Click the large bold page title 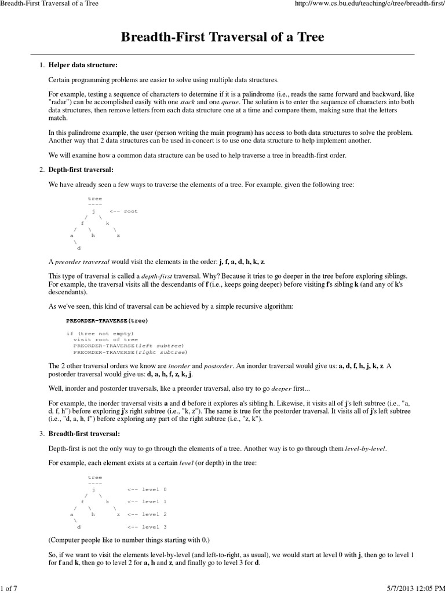point(222,38)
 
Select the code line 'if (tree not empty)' point(100,334)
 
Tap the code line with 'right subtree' point(130,352)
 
